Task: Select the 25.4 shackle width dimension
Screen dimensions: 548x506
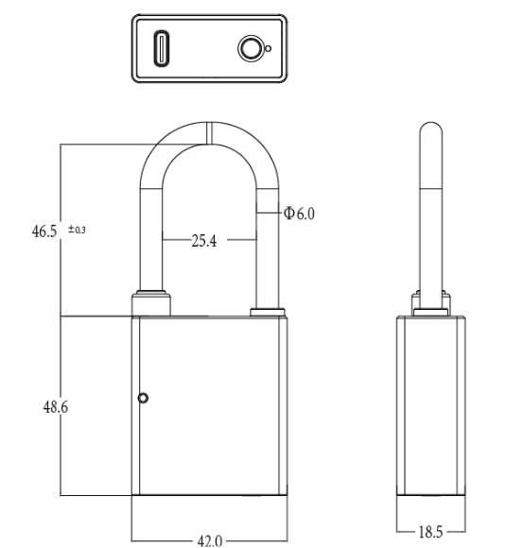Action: point(204,241)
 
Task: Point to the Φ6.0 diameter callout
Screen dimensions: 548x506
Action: point(299,214)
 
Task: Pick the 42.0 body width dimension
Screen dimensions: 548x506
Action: point(209,540)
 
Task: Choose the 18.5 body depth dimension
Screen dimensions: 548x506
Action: point(431,531)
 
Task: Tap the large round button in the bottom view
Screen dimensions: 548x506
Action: point(251,48)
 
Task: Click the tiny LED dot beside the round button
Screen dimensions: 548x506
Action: point(269,49)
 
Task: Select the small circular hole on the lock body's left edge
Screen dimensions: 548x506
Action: point(143,399)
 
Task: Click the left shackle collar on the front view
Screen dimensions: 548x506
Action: point(154,303)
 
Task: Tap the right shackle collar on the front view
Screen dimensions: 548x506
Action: point(266,313)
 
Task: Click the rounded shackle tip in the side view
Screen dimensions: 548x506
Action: point(430,130)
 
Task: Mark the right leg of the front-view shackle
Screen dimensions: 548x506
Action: point(268,246)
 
